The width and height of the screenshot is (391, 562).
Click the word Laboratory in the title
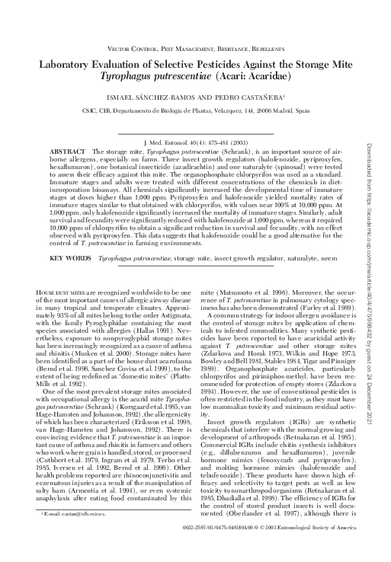[69, 65]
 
